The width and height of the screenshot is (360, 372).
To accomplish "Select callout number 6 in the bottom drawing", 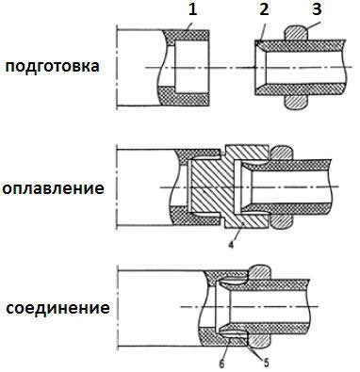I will coord(222,360).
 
